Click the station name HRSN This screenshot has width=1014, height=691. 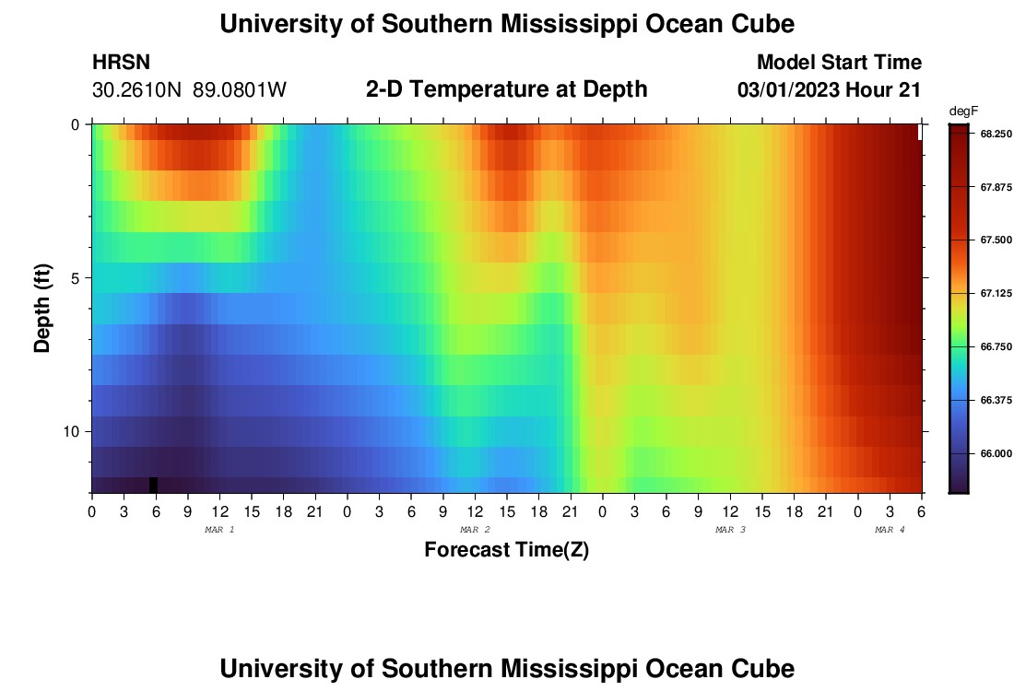tap(121, 63)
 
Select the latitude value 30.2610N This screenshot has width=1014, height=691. tap(137, 90)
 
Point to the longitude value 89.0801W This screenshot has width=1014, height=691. tap(240, 90)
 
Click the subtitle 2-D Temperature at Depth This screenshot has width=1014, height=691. tap(506, 89)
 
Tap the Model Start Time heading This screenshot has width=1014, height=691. tap(839, 63)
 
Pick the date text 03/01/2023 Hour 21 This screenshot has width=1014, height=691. tap(830, 90)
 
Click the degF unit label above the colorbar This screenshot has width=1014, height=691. tap(963, 111)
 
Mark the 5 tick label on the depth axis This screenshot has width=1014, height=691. tap(75, 277)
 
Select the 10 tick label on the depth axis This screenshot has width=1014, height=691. tap(71, 431)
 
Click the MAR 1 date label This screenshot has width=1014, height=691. tap(219, 530)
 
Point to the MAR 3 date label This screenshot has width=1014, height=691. tap(731, 530)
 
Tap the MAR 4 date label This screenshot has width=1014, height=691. tap(890, 530)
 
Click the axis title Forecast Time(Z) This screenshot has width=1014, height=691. tap(506, 550)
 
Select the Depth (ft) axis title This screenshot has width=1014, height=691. tap(42, 309)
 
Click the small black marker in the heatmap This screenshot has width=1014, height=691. tap(153, 485)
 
